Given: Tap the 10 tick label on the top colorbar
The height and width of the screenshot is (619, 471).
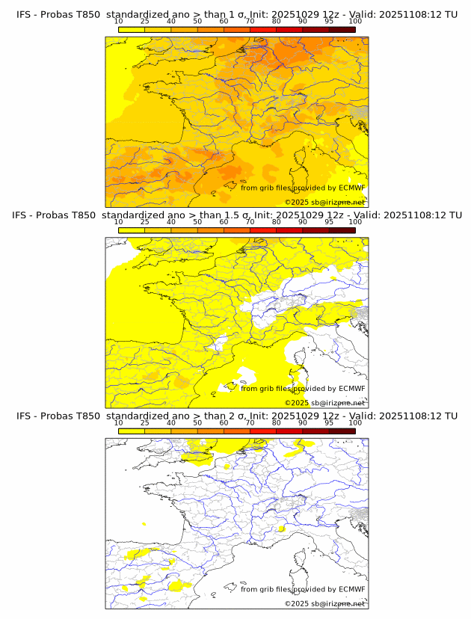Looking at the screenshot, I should click(x=118, y=22).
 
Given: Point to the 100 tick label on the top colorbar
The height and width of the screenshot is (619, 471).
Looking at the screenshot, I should click(x=354, y=22).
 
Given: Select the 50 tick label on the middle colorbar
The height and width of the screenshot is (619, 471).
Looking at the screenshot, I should click(x=197, y=222).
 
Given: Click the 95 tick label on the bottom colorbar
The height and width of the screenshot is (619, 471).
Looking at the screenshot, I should click(x=329, y=423).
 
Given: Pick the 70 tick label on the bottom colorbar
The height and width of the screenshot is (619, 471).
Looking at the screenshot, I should click(x=250, y=423).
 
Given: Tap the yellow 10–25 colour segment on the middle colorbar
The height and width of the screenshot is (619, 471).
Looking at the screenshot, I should click(x=132, y=230).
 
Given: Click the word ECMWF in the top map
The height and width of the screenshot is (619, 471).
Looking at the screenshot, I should click(x=351, y=188).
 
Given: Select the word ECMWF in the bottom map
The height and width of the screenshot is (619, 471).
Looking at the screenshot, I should click(x=351, y=589).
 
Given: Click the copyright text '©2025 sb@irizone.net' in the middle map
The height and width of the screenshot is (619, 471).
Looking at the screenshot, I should click(x=324, y=402).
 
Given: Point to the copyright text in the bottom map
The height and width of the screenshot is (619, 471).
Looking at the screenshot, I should click(x=324, y=603).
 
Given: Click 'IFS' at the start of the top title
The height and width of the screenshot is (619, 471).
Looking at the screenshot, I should click(x=23, y=14).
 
